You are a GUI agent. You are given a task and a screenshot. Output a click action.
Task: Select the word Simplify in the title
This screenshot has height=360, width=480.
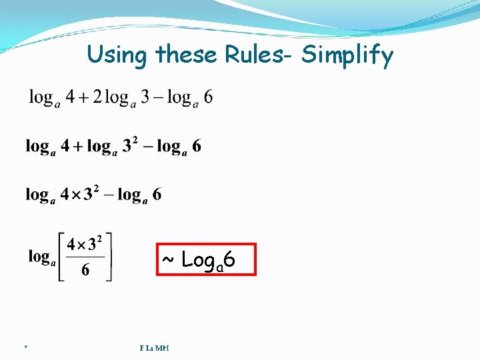347,56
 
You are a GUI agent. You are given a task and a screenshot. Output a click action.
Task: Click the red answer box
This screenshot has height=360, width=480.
206,259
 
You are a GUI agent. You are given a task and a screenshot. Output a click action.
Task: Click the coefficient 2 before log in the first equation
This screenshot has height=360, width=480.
97,97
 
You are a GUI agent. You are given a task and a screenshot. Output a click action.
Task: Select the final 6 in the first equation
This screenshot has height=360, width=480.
209,97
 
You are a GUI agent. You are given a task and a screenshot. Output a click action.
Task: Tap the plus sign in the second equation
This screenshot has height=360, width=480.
77,146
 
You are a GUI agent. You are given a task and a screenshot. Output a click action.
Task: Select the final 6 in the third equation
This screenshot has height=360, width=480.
157,195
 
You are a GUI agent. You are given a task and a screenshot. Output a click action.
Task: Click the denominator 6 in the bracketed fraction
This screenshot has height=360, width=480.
85,270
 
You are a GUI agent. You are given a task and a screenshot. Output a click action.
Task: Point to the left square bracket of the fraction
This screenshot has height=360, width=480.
61,257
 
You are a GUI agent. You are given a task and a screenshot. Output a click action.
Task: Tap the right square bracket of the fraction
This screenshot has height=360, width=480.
109,257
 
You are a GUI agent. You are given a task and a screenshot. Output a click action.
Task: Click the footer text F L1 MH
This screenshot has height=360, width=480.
154,347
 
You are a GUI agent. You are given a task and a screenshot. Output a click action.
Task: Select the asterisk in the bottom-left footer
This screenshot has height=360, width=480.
25,348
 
